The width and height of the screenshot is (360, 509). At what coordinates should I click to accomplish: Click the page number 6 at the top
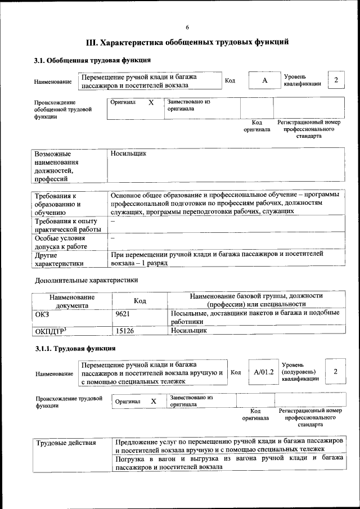coord(187,28)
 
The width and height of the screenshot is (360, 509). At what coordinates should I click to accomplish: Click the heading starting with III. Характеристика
coord(187,42)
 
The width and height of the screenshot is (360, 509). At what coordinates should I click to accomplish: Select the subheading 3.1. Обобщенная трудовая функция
coord(92,60)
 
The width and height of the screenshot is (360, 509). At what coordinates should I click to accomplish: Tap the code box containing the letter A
coord(264,80)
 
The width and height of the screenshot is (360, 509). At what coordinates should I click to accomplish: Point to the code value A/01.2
coord(263,372)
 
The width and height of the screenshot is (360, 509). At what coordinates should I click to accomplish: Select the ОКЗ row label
coord(43,314)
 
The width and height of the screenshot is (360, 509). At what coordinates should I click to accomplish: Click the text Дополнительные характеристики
coord(86,280)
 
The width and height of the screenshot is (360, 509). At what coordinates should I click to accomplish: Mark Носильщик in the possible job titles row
coord(129,153)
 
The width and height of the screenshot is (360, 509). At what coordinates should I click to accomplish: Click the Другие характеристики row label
coord(60,259)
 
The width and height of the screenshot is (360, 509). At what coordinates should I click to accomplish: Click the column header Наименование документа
coord(72,301)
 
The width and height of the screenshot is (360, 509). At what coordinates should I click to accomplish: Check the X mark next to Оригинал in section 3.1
coord(151,103)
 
